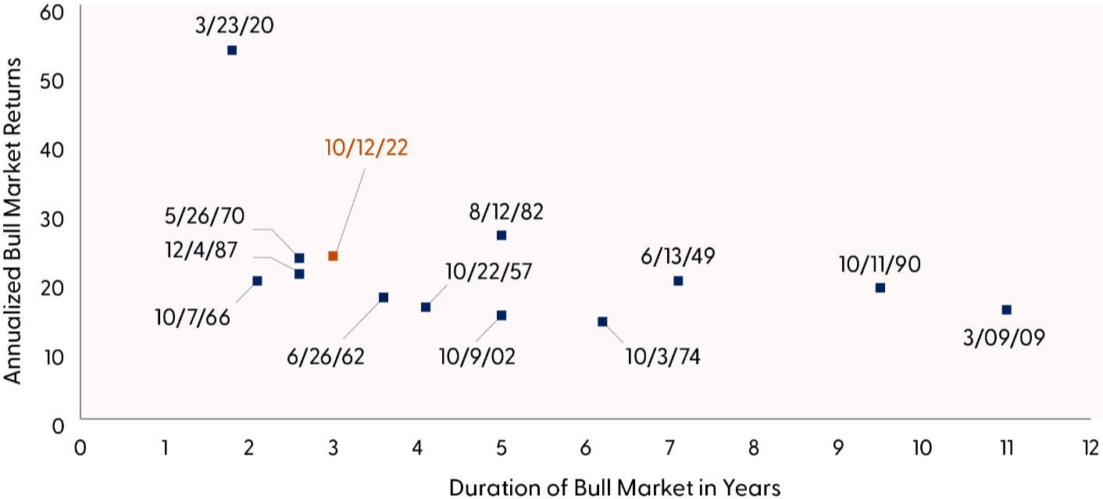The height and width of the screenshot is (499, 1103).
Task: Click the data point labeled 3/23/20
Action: tap(232, 51)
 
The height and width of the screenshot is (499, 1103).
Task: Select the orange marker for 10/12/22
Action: tap(333, 256)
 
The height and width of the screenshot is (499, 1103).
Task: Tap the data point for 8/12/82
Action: tap(502, 235)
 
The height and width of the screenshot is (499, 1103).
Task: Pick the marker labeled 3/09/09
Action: tap(1006, 310)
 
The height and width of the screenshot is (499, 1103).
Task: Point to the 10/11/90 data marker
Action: tap(880, 287)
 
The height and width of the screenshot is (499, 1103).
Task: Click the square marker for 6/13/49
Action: tap(678, 280)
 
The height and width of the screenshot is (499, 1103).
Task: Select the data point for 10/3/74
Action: tap(602, 321)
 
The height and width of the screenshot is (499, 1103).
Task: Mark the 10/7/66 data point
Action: tap(257, 280)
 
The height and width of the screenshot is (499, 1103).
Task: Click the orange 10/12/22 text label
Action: tap(366, 148)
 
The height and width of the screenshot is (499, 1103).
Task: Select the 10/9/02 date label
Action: tap(477, 357)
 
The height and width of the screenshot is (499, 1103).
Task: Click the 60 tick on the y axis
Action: tap(57, 12)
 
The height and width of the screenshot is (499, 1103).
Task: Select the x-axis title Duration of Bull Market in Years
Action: tap(615, 488)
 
